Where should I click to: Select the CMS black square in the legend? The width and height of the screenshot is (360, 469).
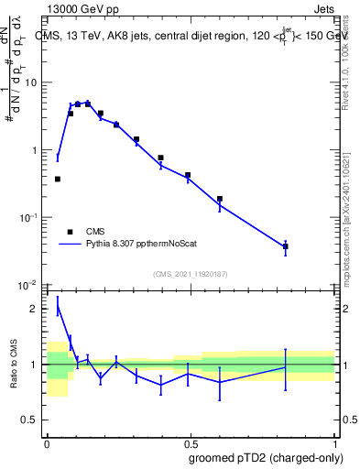pos(69,232)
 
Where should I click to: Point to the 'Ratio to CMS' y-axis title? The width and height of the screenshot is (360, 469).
pos(14,364)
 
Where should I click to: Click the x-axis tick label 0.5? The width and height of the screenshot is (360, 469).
pos(191,442)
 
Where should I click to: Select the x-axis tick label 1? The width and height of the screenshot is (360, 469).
pos(333,442)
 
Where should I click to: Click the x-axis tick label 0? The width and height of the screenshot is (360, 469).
pos(47,442)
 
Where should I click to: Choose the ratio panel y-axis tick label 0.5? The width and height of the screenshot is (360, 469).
pos(33,420)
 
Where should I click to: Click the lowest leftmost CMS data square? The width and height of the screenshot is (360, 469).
pos(58,179)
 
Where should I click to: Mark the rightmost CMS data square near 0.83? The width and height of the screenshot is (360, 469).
pos(286,246)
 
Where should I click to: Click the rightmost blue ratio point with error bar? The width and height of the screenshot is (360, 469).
pos(286,367)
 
